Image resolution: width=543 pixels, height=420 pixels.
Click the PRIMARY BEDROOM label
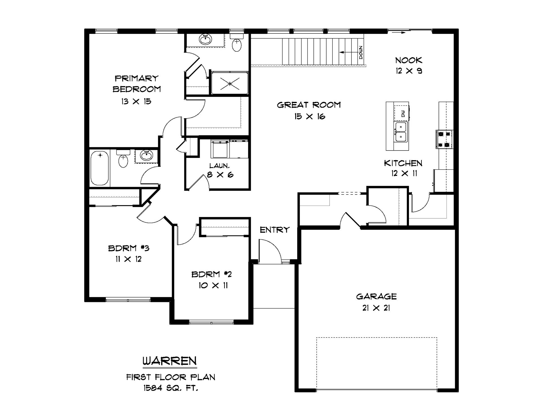tap(137, 84)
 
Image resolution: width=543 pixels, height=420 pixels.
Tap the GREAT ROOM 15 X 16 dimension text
tap(310, 116)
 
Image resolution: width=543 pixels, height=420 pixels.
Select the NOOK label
tap(409, 60)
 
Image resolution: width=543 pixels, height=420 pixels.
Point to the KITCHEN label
tap(403, 163)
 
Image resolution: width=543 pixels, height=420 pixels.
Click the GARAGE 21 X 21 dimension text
tap(376, 308)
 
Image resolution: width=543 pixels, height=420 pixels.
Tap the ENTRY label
tap(275, 230)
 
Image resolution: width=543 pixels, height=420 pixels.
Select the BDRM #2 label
tap(212, 274)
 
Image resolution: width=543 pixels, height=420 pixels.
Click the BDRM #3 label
tap(129, 248)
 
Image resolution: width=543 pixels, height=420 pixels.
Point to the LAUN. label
tap(219, 166)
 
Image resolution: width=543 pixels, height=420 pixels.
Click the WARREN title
tap(170, 361)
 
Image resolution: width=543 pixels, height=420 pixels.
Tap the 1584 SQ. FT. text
tap(171, 388)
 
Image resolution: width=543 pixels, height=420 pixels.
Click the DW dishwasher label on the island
tap(403, 114)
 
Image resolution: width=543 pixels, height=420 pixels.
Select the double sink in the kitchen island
tap(401, 132)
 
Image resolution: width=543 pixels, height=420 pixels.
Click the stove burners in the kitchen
tap(444, 139)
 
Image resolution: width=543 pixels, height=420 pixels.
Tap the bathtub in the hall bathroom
tap(100, 168)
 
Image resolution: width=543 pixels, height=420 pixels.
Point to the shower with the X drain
tap(230, 83)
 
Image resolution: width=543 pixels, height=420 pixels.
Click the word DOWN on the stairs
tap(361, 52)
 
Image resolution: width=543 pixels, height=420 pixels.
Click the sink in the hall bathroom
tap(146, 155)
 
